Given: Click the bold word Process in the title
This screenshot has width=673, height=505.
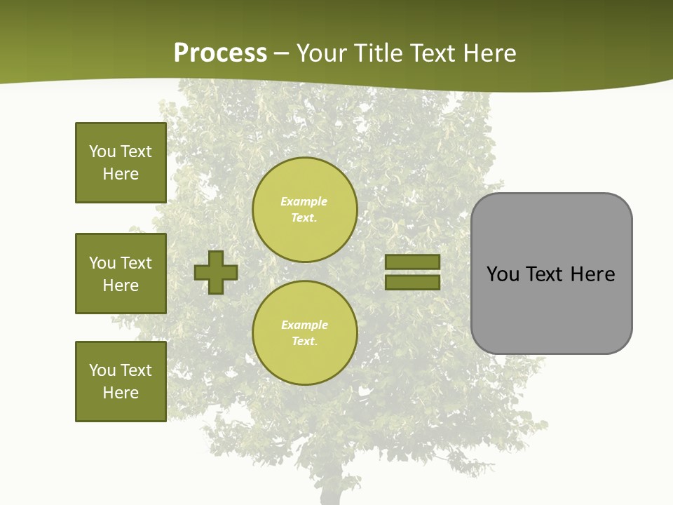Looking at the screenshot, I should pyautogui.click(x=220, y=53).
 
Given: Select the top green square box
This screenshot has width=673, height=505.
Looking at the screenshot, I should pyautogui.click(x=121, y=163).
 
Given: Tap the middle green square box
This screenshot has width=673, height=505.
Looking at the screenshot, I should pyautogui.click(x=121, y=274).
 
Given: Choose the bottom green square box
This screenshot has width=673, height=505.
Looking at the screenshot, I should pyautogui.click(x=121, y=382).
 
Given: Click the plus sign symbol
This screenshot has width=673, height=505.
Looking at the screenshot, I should pyautogui.click(x=216, y=272).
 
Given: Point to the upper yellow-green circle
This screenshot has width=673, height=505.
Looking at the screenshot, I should pyautogui.click(x=304, y=209).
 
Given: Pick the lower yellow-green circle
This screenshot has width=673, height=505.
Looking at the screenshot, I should pyautogui.click(x=304, y=332).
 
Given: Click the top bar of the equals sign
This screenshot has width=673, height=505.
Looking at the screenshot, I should pyautogui.click(x=412, y=262).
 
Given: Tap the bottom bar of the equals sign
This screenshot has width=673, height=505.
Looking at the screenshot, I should pyautogui.click(x=412, y=282).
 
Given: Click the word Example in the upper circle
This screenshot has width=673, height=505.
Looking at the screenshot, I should pyautogui.click(x=304, y=201).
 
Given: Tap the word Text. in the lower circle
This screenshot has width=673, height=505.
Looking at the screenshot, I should pyautogui.click(x=304, y=341).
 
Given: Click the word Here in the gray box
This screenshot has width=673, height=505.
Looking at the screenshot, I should pyautogui.click(x=592, y=274).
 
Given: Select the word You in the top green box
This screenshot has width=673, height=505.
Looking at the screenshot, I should pyautogui.click(x=102, y=151).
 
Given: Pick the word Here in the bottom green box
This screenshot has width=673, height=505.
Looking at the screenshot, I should pyautogui.click(x=121, y=393).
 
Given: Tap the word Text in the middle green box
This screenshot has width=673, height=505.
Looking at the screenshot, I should pyautogui.click(x=136, y=263).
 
